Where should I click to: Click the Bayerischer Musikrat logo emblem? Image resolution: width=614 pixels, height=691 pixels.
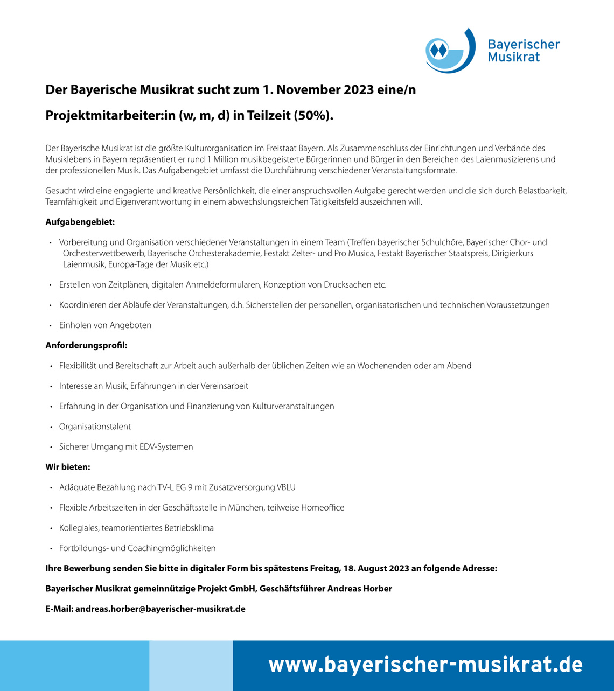point(450,51)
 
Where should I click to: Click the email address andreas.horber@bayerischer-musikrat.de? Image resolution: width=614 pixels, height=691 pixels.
point(160,609)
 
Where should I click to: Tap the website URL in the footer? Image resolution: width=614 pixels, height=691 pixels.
point(425,665)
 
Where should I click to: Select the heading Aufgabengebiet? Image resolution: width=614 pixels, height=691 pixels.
point(80,222)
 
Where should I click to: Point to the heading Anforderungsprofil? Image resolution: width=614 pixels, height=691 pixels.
point(86,345)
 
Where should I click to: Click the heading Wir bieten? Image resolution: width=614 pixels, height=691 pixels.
point(68,467)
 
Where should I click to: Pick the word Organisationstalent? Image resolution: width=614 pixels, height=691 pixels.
point(95,427)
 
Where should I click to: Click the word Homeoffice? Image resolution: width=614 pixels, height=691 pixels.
point(323,508)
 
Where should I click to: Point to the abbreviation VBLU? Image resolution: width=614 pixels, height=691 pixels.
point(286,487)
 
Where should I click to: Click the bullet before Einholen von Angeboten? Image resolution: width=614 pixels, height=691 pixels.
point(50,325)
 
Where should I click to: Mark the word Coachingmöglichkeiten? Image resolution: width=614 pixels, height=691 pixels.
point(171,548)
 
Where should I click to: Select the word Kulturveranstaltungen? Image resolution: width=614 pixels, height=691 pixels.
point(293,407)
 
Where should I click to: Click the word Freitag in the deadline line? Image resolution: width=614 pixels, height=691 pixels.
point(325,568)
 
